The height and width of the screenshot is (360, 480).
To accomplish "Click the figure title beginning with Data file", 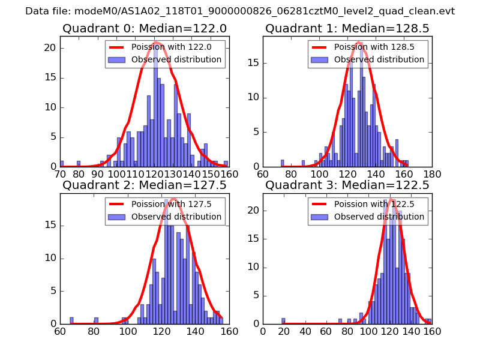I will click(x=240, y=11).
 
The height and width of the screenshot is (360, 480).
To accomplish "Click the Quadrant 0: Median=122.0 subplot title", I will click(x=145, y=28).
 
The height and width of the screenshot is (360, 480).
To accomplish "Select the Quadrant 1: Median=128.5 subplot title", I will click(x=347, y=28).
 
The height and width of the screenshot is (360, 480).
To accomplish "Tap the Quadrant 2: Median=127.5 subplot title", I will click(x=145, y=185).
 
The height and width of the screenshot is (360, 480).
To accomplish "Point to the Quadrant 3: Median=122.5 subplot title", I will click(x=347, y=185).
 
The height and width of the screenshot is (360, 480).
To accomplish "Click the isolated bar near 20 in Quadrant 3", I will click(x=283, y=321).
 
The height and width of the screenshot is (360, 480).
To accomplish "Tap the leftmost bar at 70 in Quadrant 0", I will click(x=62, y=164).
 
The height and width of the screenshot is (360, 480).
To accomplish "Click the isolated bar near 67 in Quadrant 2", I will click(x=71, y=321).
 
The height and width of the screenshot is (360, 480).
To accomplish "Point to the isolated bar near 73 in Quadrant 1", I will click(x=282, y=163).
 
